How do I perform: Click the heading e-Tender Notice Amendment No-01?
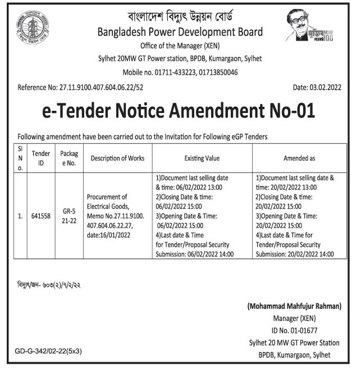180,112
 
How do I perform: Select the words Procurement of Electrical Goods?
109,201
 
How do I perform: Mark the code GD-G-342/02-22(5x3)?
48,351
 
